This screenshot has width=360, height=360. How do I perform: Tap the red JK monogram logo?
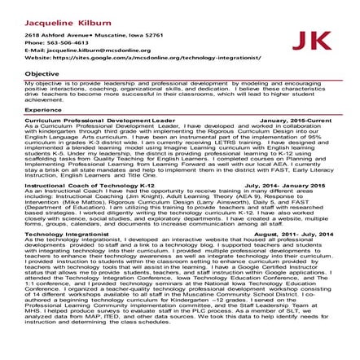click(x=311, y=42)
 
